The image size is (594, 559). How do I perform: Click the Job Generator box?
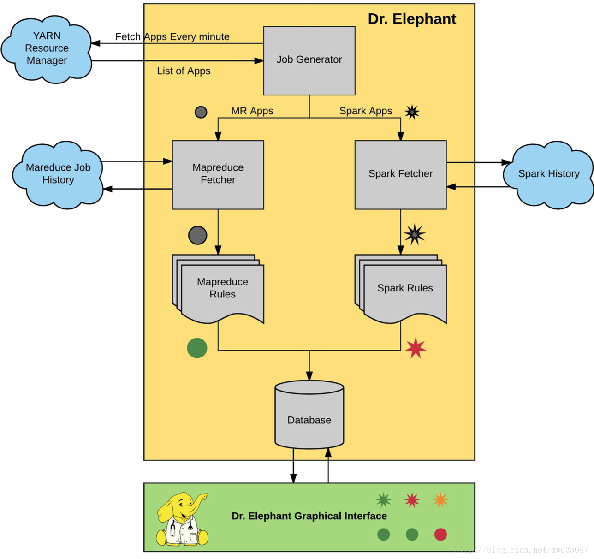tap(309, 61)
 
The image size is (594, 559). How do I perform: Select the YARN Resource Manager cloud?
tap(47, 49)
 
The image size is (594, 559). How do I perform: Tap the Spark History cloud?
tap(548, 175)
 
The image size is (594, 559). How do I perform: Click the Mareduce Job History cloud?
tap(58, 175)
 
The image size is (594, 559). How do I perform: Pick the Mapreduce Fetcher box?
tap(218, 175)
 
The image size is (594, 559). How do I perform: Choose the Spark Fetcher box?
tap(400, 175)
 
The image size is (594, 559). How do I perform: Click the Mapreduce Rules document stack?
tap(218, 289)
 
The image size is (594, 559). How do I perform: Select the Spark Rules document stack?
tap(400, 289)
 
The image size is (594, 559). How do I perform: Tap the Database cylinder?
tap(309, 415)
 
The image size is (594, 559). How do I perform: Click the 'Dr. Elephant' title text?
tap(412, 19)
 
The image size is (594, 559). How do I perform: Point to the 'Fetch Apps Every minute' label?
tap(172, 36)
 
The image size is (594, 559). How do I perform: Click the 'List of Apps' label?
tap(184, 71)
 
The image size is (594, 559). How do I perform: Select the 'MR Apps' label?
tap(252, 111)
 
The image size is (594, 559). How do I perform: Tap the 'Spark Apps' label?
tap(366, 111)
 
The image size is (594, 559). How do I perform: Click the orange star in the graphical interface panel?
tap(440, 500)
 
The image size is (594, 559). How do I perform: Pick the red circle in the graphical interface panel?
tap(440, 535)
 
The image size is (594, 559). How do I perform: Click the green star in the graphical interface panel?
tap(383, 500)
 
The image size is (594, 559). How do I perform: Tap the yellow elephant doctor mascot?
tap(182, 519)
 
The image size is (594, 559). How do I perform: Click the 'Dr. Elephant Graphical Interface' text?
tap(309, 516)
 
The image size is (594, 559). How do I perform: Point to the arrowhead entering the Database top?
tap(309, 376)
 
